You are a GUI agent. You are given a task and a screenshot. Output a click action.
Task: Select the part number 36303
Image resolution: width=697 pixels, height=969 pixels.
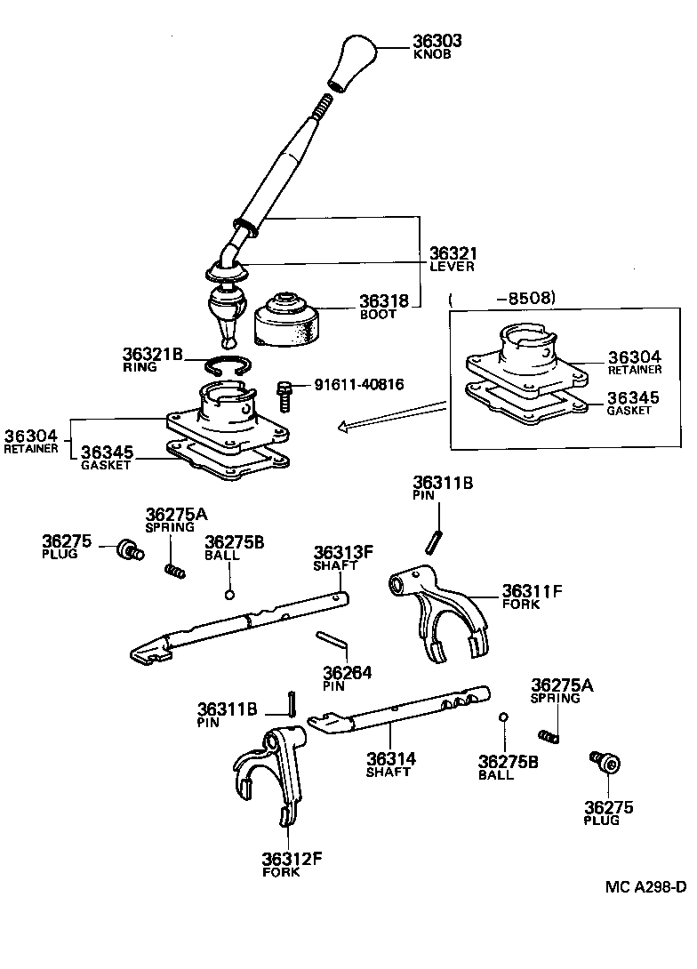pyautogui.click(x=437, y=41)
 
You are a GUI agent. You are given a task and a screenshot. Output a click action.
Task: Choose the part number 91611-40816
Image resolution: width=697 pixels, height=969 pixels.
pyautogui.click(x=359, y=385)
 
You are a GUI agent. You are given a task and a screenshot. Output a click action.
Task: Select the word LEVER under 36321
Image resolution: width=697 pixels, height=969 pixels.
pyautogui.click(x=453, y=266)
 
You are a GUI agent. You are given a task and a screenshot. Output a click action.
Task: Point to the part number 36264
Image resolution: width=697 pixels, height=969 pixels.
pyautogui.click(x=348, y=672)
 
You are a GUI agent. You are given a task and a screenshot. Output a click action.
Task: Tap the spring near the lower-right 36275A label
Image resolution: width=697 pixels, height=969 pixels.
pyautogui.click(x=549, y=735)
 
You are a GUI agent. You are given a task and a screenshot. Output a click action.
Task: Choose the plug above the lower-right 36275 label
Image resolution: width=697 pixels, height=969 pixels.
pyautogui.click(x=605, y=762)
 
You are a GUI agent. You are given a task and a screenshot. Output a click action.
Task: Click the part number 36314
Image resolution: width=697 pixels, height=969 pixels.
pyautogui.click(x=391, y=759)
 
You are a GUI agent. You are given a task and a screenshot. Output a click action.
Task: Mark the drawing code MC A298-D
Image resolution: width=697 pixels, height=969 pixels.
pyautogui.click(x=646, y=886)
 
